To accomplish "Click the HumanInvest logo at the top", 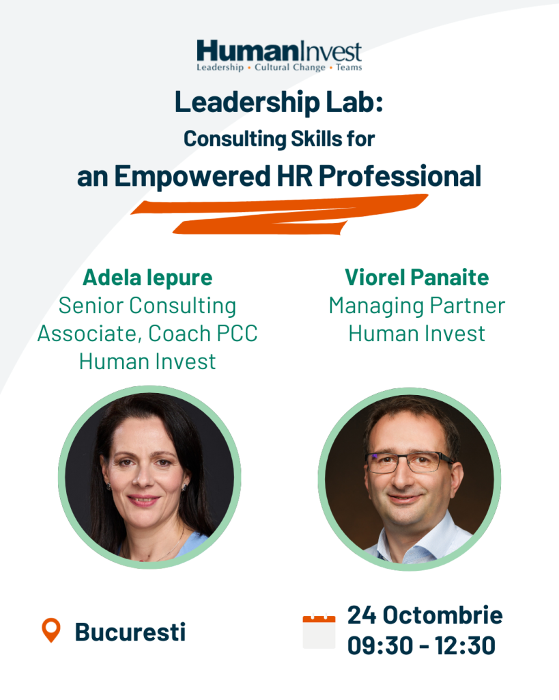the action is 279,55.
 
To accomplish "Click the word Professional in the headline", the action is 400,176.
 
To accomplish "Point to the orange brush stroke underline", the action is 279,214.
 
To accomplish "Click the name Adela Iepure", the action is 147,278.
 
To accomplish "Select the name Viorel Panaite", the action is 417,278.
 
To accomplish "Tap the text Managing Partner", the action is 417,306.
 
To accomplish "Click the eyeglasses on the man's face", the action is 409,462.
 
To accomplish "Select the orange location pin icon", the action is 51,630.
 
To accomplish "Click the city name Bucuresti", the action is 130,632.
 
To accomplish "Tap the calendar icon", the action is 319,631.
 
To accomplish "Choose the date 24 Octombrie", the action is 425,615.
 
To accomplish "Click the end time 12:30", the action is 465,645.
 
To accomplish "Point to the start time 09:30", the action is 379,645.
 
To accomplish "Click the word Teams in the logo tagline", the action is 349,68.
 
